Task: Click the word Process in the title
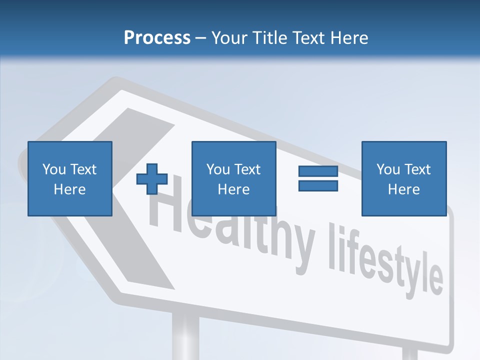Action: (x=157, y=38)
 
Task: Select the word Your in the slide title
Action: (x=228, y=38)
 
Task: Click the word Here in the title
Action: (x=349, y=38)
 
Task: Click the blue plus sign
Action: (x=152, y=179)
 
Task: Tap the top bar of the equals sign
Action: (x=318, y=171)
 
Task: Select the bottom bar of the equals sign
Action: (x=318, y=185)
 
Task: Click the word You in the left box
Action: (x=54, y=169)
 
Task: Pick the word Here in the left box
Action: (x=69, y=189)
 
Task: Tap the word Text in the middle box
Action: (x=247, y=169)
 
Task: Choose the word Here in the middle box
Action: (x=233, y=189)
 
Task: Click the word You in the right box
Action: (x=388, y=169)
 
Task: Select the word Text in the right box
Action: (x=417, y=169)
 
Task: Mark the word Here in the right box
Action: (x=403, y=189)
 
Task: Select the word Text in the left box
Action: (x=83, y=169)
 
